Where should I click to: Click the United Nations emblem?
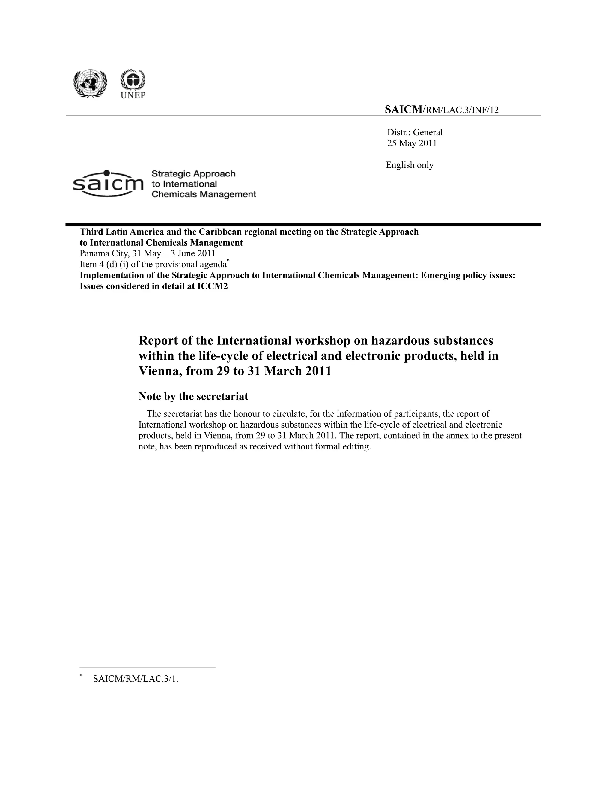(90, 83)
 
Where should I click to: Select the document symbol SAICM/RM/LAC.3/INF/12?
(442, 109)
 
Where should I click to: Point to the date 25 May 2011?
(412, 143)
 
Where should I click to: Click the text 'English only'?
(410, 165)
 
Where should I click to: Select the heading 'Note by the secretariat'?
(193, 396)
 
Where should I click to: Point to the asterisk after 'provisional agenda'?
(228, 260)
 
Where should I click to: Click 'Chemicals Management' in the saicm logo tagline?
(204, 194)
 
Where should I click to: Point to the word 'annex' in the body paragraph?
(457, 435)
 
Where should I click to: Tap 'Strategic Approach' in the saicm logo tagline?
(193, 174)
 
